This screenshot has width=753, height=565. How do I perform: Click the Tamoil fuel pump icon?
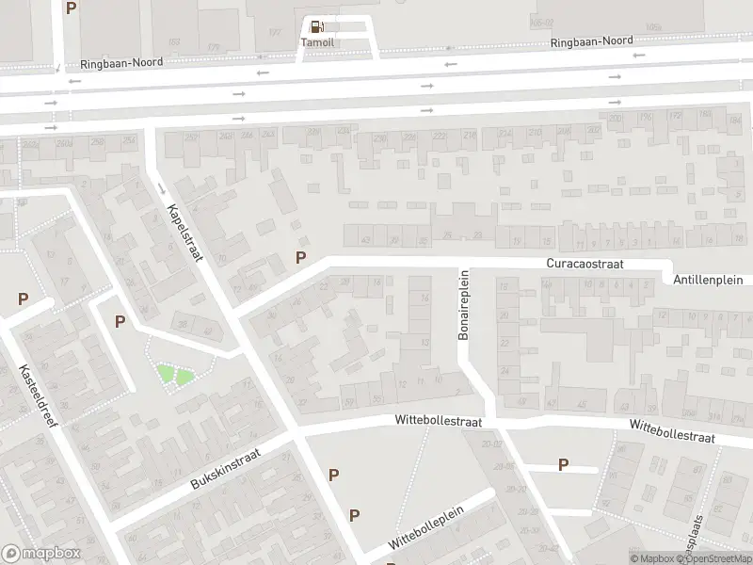coord(317,26)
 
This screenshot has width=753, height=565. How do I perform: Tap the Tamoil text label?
coord(317,42)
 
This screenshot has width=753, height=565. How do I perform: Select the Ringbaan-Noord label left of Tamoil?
coord(123,62)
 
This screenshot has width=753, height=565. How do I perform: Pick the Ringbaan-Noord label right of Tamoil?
coord(591,41)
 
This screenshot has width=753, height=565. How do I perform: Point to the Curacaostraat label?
coord(585,265)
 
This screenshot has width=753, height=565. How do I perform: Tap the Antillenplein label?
coord(709,280)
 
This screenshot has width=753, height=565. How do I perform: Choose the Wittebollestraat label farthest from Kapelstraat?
coord(672,432)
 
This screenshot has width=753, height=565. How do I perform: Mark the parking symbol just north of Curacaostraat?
coord(301,257)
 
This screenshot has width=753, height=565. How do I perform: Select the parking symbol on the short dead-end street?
coord(563,463)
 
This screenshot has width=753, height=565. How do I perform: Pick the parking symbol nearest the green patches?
coord(120,321)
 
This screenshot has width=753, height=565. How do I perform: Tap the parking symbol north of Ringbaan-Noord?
coord(72,8)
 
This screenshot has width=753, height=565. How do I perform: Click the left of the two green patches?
coord(166,374)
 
